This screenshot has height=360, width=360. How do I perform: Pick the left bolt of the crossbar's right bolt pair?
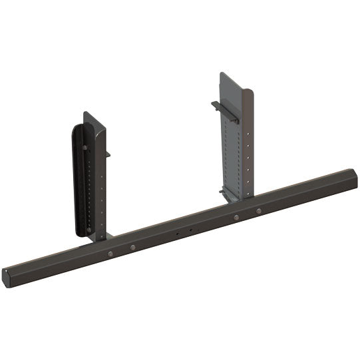pos(236,217)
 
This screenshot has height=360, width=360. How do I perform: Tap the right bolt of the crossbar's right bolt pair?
pos(259,211)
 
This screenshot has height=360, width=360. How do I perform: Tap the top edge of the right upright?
pos(236,73)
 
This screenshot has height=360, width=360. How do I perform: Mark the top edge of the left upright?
pos(94,115)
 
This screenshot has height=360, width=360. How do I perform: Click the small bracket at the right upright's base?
pos(227,194)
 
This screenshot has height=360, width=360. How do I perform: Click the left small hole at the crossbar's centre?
pos(176,234)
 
